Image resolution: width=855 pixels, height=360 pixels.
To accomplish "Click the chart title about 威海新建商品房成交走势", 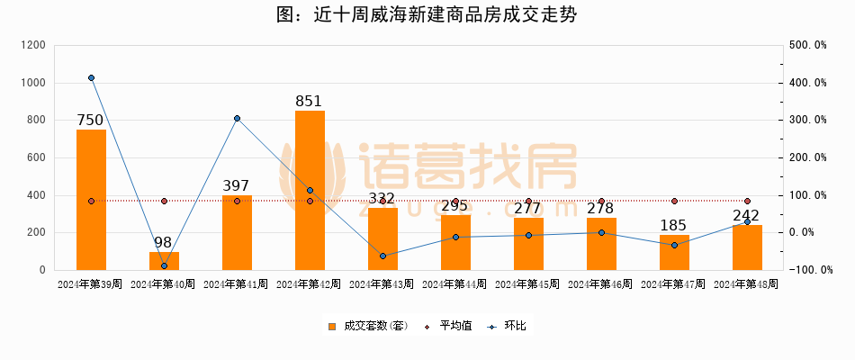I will pyautogui.click(x=427, y=15).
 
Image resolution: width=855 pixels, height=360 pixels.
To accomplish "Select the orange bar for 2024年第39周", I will pyautogui.click(x=91, y=200).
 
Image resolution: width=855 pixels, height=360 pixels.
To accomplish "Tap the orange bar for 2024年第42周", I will pyautogui.click(x=310, y=190).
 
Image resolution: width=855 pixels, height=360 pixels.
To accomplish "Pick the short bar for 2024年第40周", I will pyautogui.click(x=164, y=261).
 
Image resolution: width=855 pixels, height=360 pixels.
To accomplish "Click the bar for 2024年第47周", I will pyautogui.click(x=674, y=253).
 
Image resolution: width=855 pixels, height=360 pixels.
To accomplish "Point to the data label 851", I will pyautogui.click(x=310, y=101).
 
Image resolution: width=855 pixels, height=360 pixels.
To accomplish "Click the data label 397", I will pyautogui.click(x=237, y=185).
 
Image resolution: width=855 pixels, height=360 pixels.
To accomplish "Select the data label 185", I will pyautogui.click(x=674, y=225).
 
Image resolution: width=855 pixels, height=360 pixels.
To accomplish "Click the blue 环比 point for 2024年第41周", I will pyautogui.click(x=237, y=119).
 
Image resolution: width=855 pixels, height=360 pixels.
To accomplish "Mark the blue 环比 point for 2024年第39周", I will pyautogui.click(x=91, y=78).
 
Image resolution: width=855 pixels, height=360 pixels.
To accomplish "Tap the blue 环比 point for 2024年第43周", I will pyautogui.click(x=382, y=256).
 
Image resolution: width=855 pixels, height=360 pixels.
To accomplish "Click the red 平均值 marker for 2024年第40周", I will pyautogui.click(x=164, y=202).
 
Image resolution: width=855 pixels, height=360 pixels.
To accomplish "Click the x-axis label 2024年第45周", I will pyautogui.click(x=528, y=284).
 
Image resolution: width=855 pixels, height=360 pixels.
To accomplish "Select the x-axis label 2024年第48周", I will pyautogui.click(x=747, y=284).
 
